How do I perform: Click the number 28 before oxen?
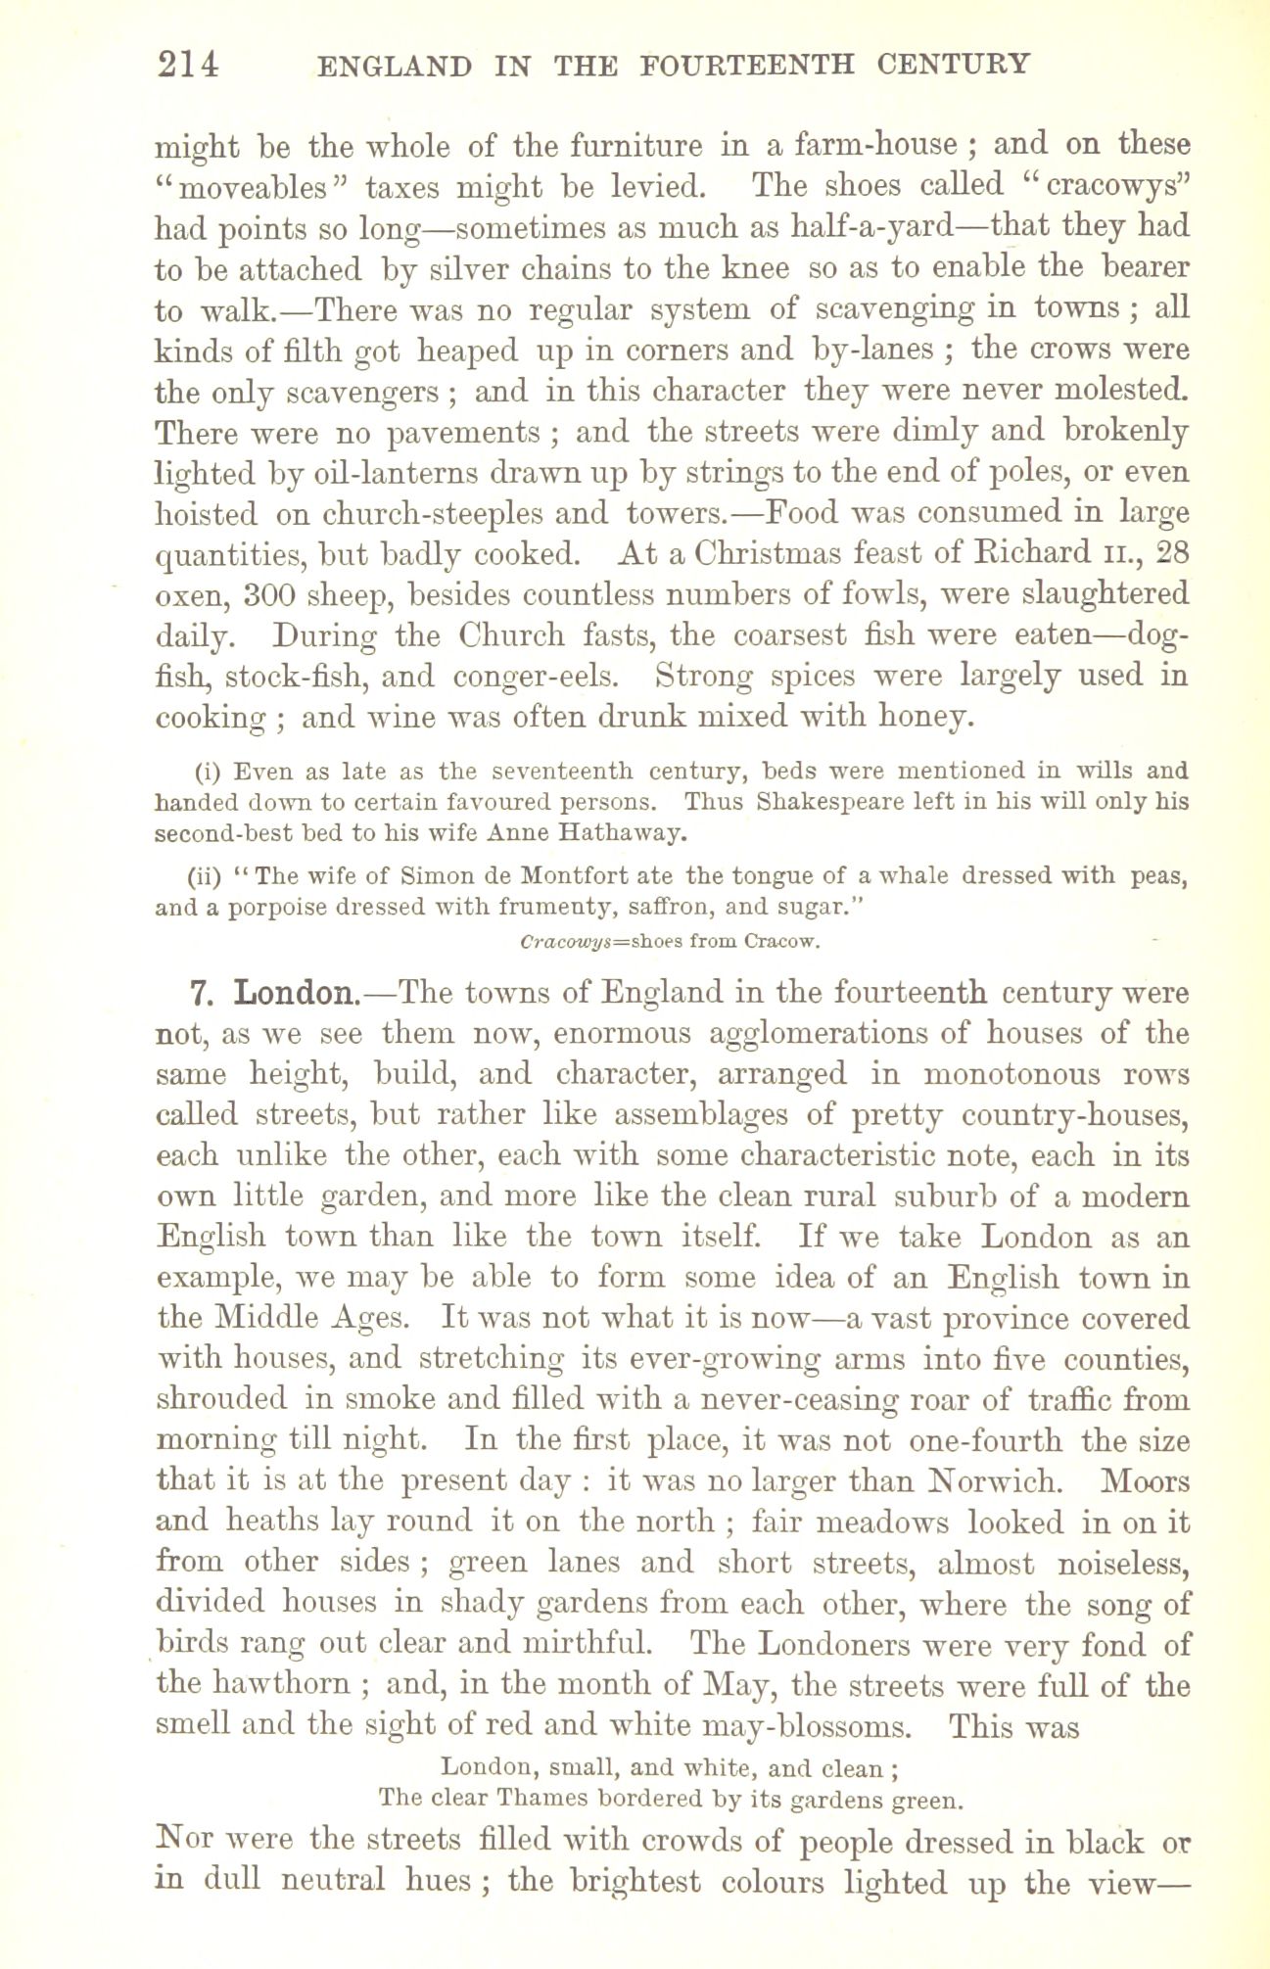1171,553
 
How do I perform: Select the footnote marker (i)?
206,771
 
